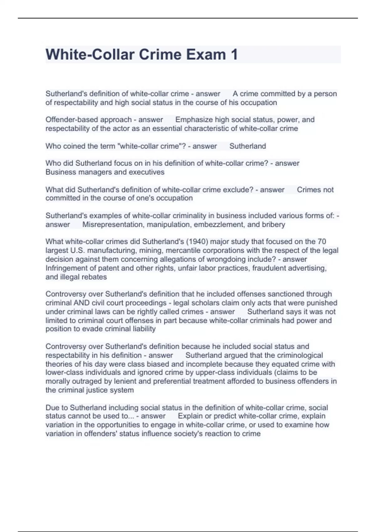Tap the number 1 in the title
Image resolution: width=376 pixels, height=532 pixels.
[x=234, y=55]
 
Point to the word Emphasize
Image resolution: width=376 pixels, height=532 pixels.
[x=194, y=120]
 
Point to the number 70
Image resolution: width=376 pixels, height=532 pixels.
[x=322, y=242]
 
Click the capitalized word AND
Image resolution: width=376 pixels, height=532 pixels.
[x=81, y=303]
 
